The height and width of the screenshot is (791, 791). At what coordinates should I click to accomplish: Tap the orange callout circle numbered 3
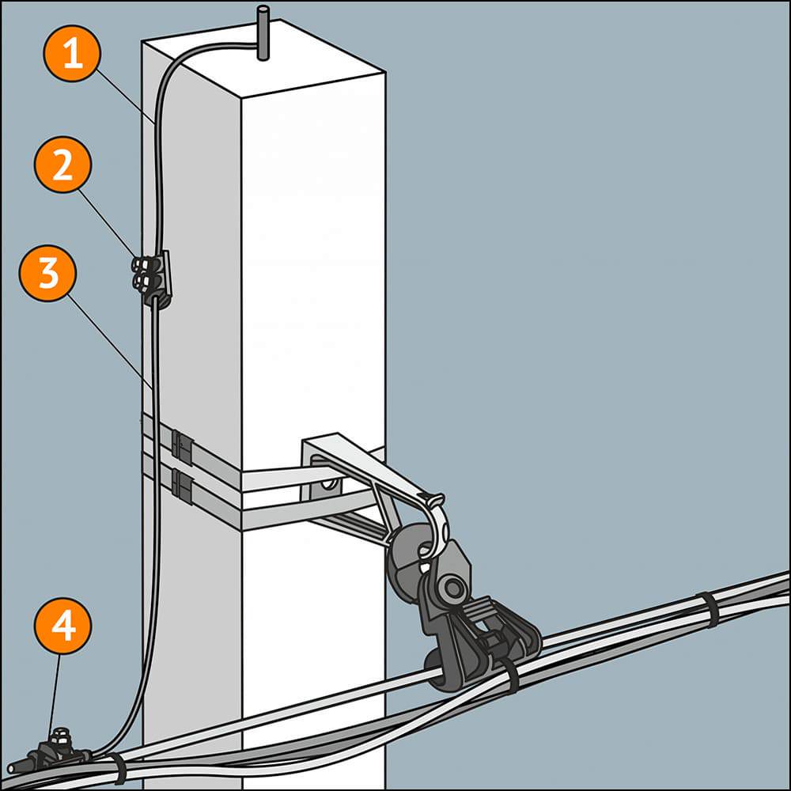point(47,272)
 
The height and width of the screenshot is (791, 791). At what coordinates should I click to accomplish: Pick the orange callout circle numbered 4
point(62,626)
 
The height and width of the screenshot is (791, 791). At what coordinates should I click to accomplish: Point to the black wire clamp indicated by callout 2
point(153,277)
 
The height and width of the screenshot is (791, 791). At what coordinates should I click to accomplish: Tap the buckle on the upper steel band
point(182,447)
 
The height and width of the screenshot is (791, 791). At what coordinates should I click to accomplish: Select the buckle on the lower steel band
point(182,486)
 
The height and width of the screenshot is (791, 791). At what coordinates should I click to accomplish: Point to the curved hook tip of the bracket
point(435,501)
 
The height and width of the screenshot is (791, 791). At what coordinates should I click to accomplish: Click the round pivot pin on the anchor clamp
point(453,588)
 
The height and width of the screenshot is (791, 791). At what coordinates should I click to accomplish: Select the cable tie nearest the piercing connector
point(118,768)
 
